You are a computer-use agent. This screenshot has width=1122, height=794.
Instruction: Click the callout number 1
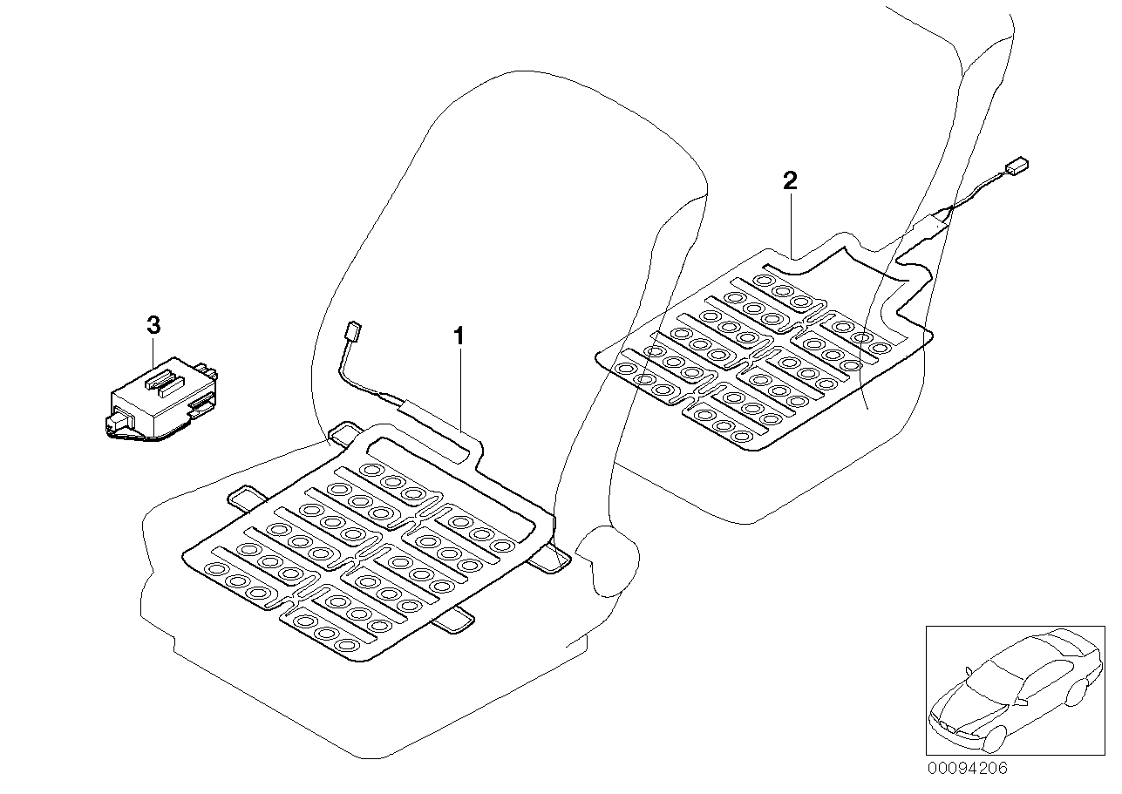pyautogui.click(x=459, y=336)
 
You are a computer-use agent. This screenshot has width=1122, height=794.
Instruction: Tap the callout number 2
pyautogui.click(x=790, y=180)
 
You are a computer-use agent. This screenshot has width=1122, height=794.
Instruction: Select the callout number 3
pyautogui.click(x=153, y=325)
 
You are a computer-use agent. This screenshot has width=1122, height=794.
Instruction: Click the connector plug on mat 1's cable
pyautogui.click(x=354, y=331)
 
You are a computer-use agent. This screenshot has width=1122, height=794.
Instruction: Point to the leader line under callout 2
pyautogui.click(x=791, y=225)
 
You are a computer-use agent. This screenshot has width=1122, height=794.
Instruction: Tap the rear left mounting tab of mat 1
pyautogui.click(x=344, y=432)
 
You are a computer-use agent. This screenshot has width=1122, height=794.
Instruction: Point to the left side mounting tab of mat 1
pyautogui.click(x=247, y=497)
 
